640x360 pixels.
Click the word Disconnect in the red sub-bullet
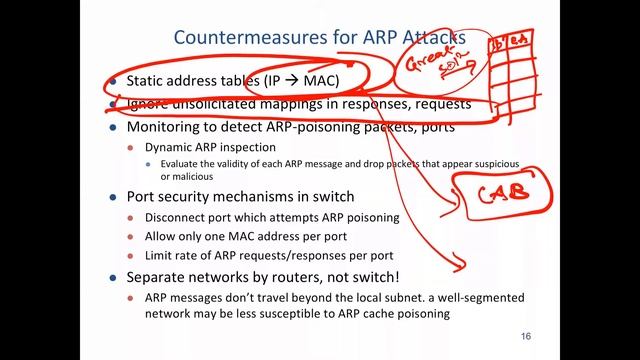pyautogui.click(x=182, y=217)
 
